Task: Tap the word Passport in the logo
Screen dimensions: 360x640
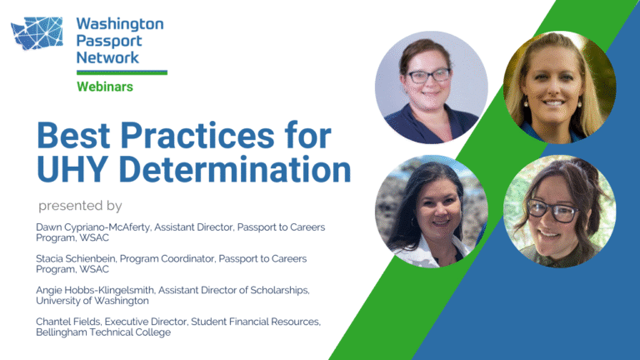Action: pos(108,41)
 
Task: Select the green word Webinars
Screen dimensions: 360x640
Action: pos(105,87)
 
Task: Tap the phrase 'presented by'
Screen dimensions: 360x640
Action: pos(80,206)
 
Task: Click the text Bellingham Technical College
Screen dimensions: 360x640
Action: pos(103,332)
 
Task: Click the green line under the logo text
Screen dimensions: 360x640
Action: pos(122,72)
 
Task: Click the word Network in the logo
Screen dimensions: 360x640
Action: pos(107,57)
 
